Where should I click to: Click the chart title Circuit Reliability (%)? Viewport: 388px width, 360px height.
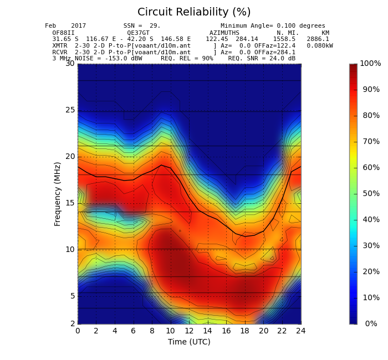(x=194, y=12)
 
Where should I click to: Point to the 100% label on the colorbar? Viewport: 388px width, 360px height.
(x=370, y=63)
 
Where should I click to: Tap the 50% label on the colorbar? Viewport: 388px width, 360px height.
(x=371, y=193)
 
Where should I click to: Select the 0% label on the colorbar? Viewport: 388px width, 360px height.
(x=371, y=323)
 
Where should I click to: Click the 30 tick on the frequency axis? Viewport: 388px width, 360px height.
(x=70, y=64)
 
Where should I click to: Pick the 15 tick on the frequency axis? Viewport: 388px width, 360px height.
(x=70, y=203)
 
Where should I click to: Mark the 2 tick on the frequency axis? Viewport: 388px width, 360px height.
(x=73, y=323)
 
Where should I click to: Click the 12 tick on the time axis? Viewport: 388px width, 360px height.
(x=189, y=331)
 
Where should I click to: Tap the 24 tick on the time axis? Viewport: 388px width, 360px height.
(x=300, y=331)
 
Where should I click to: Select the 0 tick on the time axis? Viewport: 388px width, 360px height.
(x=78, y=331)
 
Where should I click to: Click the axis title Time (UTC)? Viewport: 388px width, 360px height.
(x=189, y=342)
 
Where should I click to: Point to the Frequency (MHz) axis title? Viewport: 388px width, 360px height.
(x=57, y=194)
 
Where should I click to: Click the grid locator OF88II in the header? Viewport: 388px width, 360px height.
(x=63, y=33)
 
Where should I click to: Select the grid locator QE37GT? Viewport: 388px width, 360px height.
(x=138, y=33)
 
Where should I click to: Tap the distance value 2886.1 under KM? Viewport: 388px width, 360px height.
(x=318, y=39)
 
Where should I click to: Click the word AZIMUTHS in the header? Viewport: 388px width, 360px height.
(x=224, y=33)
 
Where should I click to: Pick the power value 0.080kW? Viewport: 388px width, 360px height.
(x=320, y=46)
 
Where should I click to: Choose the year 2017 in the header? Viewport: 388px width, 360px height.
(x=79, y=25)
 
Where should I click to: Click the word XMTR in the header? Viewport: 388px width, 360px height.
(x=60, y=46)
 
